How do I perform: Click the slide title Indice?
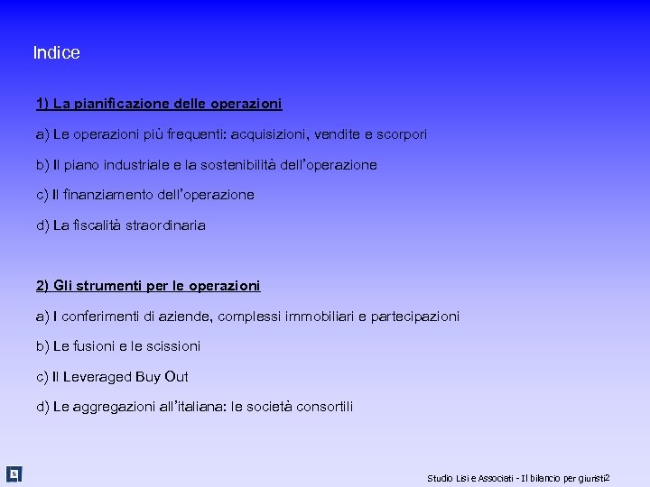pos(56,53)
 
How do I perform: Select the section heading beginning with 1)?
pos(159,104)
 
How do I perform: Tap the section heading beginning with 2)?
pos(148,286)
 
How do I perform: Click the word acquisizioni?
pos(269,134)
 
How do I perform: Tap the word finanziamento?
pos(111,195)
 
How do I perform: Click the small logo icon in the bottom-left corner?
pos(14,473)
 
